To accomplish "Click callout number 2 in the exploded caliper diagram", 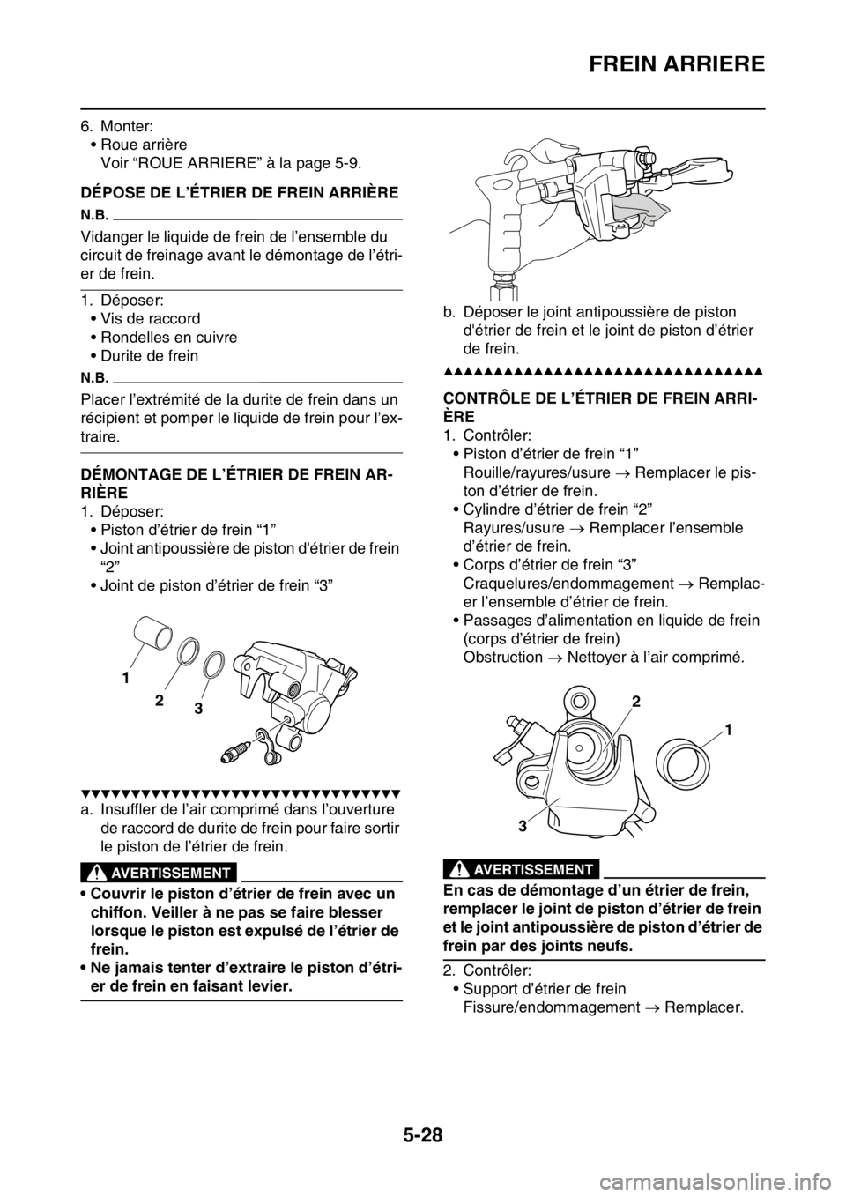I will pos(160,702).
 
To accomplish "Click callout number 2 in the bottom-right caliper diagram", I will pos(634,701).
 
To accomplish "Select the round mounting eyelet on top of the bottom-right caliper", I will pos(578,701).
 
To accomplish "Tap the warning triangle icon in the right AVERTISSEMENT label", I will pos(460,869).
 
